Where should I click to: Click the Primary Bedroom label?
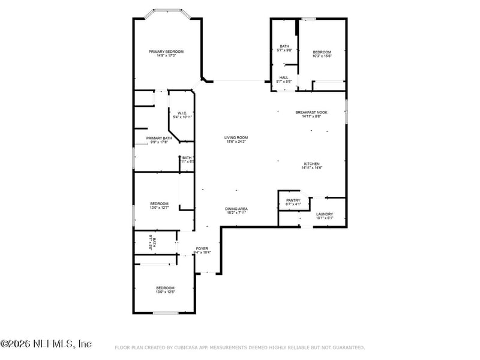(x=166, y=52)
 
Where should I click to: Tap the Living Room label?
(x=236, y=137)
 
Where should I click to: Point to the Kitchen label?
(x=311, y=164)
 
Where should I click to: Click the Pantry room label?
(x=293, y=200)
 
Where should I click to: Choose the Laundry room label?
(x=325, y=214)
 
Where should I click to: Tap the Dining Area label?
(x=237, y=209)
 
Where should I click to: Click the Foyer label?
(x=202, y=248)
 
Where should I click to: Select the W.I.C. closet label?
(x=182, y=113)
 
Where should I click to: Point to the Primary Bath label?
(x=159, y=138)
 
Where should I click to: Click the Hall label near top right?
(x=284, y=77)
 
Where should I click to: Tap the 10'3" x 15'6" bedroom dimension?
(x=322, y=56)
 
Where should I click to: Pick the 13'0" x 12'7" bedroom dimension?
(x=159, y=208)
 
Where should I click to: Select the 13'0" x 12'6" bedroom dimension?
(x=165, y=292)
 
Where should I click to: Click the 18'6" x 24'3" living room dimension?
(x=236, y=142)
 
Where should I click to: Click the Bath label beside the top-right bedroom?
(x=284, y=46)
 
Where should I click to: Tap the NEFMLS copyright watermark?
(x=46, y=344)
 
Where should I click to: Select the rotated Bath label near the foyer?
(x=154, y=242)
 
